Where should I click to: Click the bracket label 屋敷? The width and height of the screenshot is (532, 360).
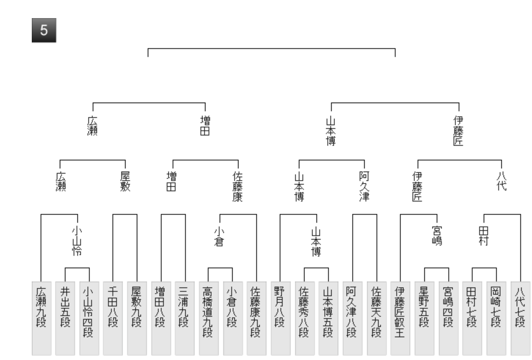point(126,180)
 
